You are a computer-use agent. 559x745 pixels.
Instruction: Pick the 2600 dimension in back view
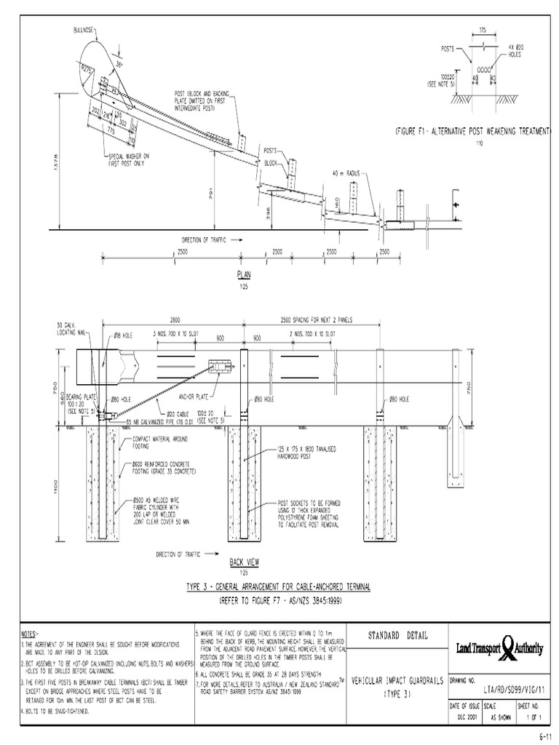(174, 321)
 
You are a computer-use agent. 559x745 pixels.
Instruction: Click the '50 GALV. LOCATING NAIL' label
(71, 329)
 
